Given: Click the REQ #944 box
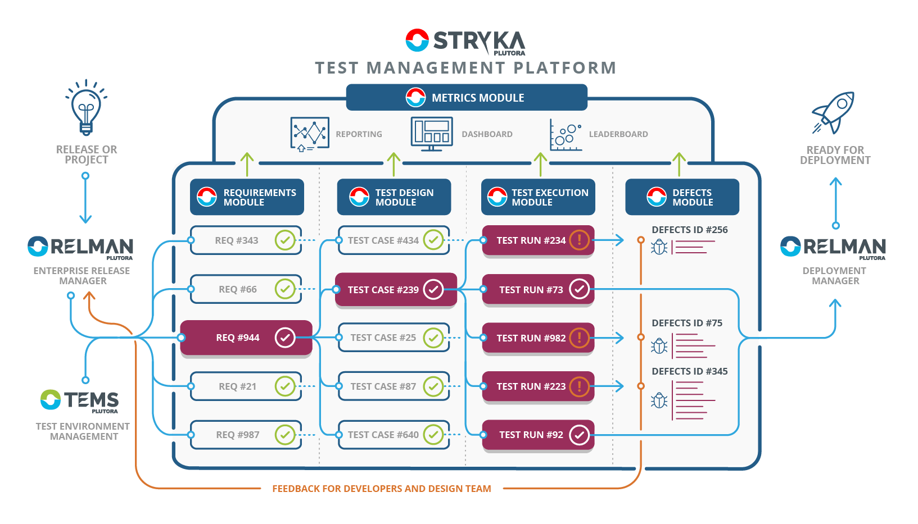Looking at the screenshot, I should click(x=246, y=338).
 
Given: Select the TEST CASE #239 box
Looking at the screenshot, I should click(x=395, y=289).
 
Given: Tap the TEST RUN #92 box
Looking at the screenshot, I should click(x=537, y=435).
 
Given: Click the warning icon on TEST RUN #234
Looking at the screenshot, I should click(x=579, y=240).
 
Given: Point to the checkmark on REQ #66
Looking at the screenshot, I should click(x=285, y=289).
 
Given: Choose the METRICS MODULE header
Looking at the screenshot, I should click(x=467, y=98).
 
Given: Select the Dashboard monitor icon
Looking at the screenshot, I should click(x=431, y=134).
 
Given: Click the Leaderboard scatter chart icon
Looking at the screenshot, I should click(x=565, y=134).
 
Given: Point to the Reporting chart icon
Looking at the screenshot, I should click(x=310, y=134).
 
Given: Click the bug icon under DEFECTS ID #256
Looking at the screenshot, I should click(x=659, y=247).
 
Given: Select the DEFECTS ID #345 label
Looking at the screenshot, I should click(x=689, y=371).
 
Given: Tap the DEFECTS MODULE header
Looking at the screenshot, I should click(x=682, y=197).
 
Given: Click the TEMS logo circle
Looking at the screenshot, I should click(x=51, y=399).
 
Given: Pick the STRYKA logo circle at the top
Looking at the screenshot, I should click(x=417, y=40).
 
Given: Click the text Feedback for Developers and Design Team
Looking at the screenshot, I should click(x=381, y=489).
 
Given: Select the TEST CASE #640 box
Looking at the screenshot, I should click(x=394, y=435).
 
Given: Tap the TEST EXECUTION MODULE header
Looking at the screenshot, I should click(x=538, y=197).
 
